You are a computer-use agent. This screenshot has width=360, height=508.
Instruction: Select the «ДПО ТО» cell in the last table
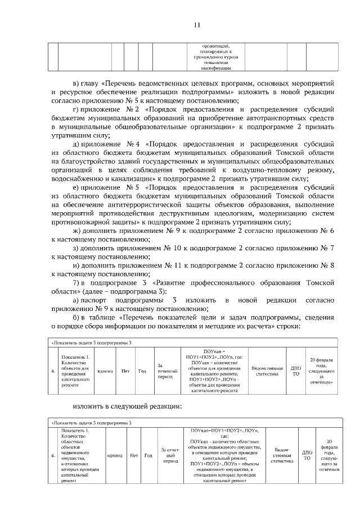(x=307, y=455)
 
